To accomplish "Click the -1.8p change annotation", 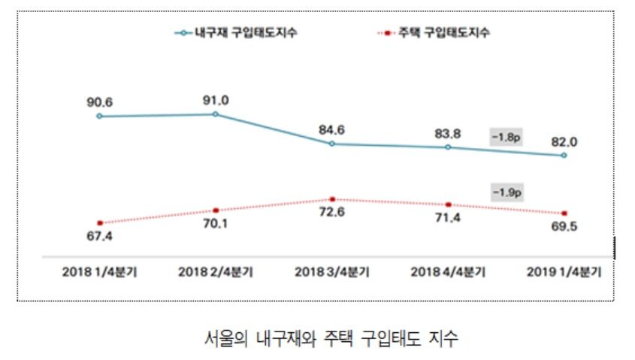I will click(506, 138).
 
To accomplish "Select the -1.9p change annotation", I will click(506, 192).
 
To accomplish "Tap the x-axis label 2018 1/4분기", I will click(99, 271).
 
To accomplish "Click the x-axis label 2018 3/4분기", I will click(332, 271).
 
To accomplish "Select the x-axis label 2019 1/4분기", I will click(565, 271).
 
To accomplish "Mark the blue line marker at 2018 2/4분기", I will click(216, 114).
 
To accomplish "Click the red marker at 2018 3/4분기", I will click(332, 199).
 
